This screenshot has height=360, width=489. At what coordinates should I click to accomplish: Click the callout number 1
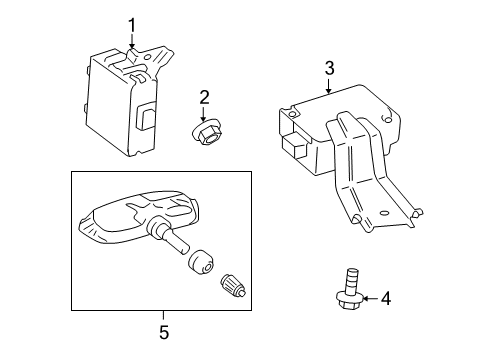coord(132,26)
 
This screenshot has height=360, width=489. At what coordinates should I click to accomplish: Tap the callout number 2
coord(204,97)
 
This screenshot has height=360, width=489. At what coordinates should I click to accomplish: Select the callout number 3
coord(329,68)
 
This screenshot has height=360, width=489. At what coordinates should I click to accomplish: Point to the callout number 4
coord(386,298)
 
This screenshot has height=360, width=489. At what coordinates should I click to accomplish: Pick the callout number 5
coord(164,332)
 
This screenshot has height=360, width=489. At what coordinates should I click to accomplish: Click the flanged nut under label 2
coord(207,133)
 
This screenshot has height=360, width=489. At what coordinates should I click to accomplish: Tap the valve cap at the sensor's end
coord(233,285)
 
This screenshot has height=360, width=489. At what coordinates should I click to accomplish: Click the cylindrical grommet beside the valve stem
coord(200,262)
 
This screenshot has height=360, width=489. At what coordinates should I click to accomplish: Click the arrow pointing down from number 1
coord(132,41)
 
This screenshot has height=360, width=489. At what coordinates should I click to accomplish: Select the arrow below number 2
coord(203,114)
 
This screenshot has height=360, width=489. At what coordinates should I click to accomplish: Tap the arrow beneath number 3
coord(329,85)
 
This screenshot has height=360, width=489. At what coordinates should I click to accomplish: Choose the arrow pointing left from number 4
coord(370,298)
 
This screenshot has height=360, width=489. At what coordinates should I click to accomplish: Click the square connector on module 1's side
coord(147,115)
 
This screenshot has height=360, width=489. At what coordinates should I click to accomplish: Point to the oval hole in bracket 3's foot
coord(384,213)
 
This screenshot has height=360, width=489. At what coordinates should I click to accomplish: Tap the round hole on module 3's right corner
coord(388,118)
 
